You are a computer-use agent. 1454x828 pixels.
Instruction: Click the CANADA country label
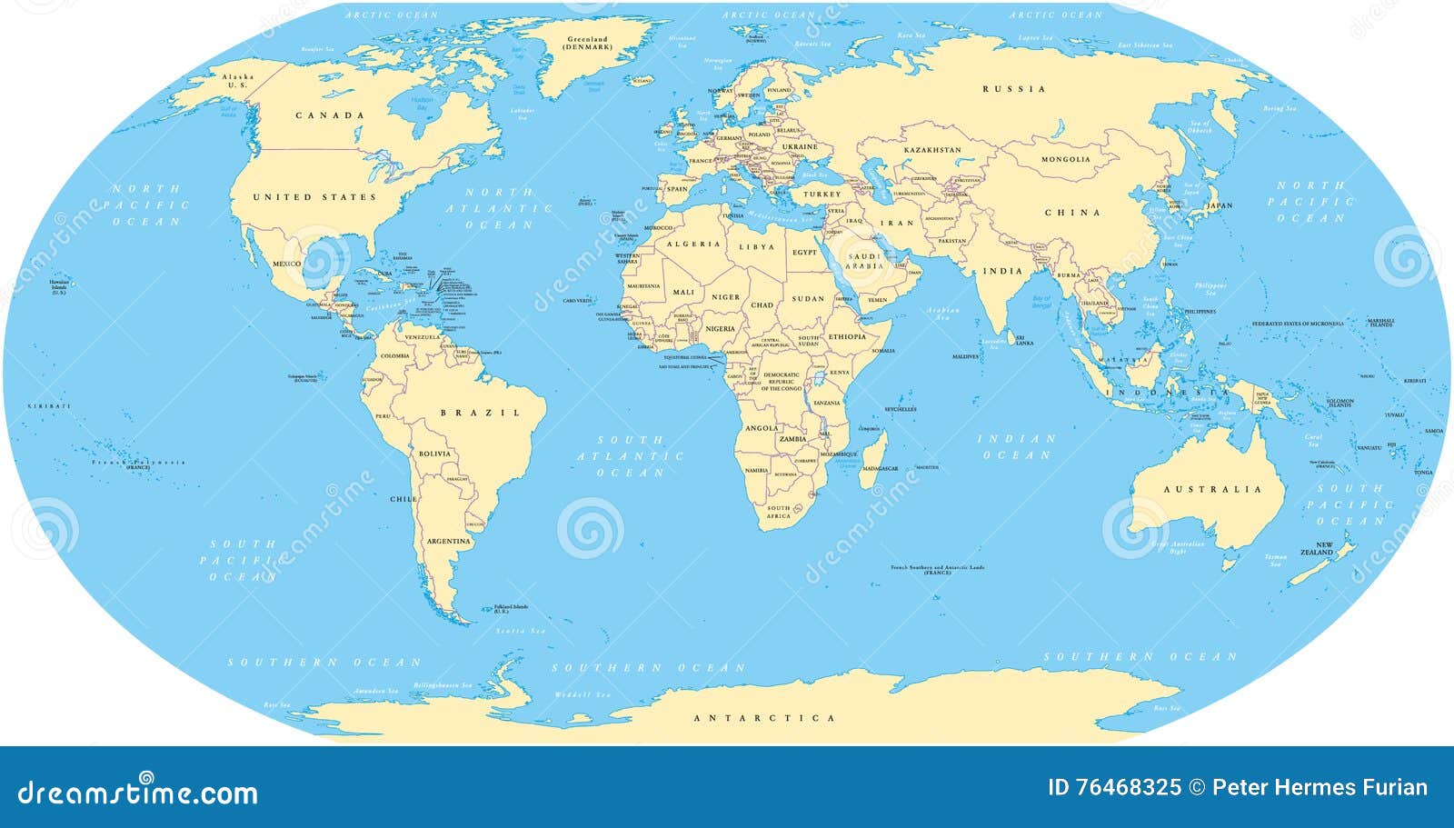(330, 115)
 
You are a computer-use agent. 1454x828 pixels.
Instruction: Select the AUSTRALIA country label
(1213, 489)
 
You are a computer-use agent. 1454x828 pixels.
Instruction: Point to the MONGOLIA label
(1065, 159)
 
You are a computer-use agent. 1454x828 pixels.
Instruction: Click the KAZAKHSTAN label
(931, 149)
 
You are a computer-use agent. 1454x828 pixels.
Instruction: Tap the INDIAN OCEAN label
(1017, 446)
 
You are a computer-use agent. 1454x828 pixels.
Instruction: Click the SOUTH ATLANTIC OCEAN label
(631, 456)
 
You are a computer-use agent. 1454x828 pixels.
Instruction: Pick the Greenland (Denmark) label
(588, 43)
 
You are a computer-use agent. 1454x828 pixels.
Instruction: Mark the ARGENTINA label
(449, 541)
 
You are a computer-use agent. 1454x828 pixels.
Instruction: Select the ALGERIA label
(693, 244)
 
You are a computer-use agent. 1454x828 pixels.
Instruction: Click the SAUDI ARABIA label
(864, 261)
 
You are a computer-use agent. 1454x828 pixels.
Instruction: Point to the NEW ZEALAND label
(1317, 549)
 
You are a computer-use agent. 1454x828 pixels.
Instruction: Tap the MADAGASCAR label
(880, 469)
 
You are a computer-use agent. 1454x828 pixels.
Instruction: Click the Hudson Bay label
(422, 102)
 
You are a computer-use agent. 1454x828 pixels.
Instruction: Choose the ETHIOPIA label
(847, 336)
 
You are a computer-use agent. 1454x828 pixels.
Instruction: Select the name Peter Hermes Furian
(1320, 787)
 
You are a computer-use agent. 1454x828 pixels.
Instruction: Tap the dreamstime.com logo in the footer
(138, 791)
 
